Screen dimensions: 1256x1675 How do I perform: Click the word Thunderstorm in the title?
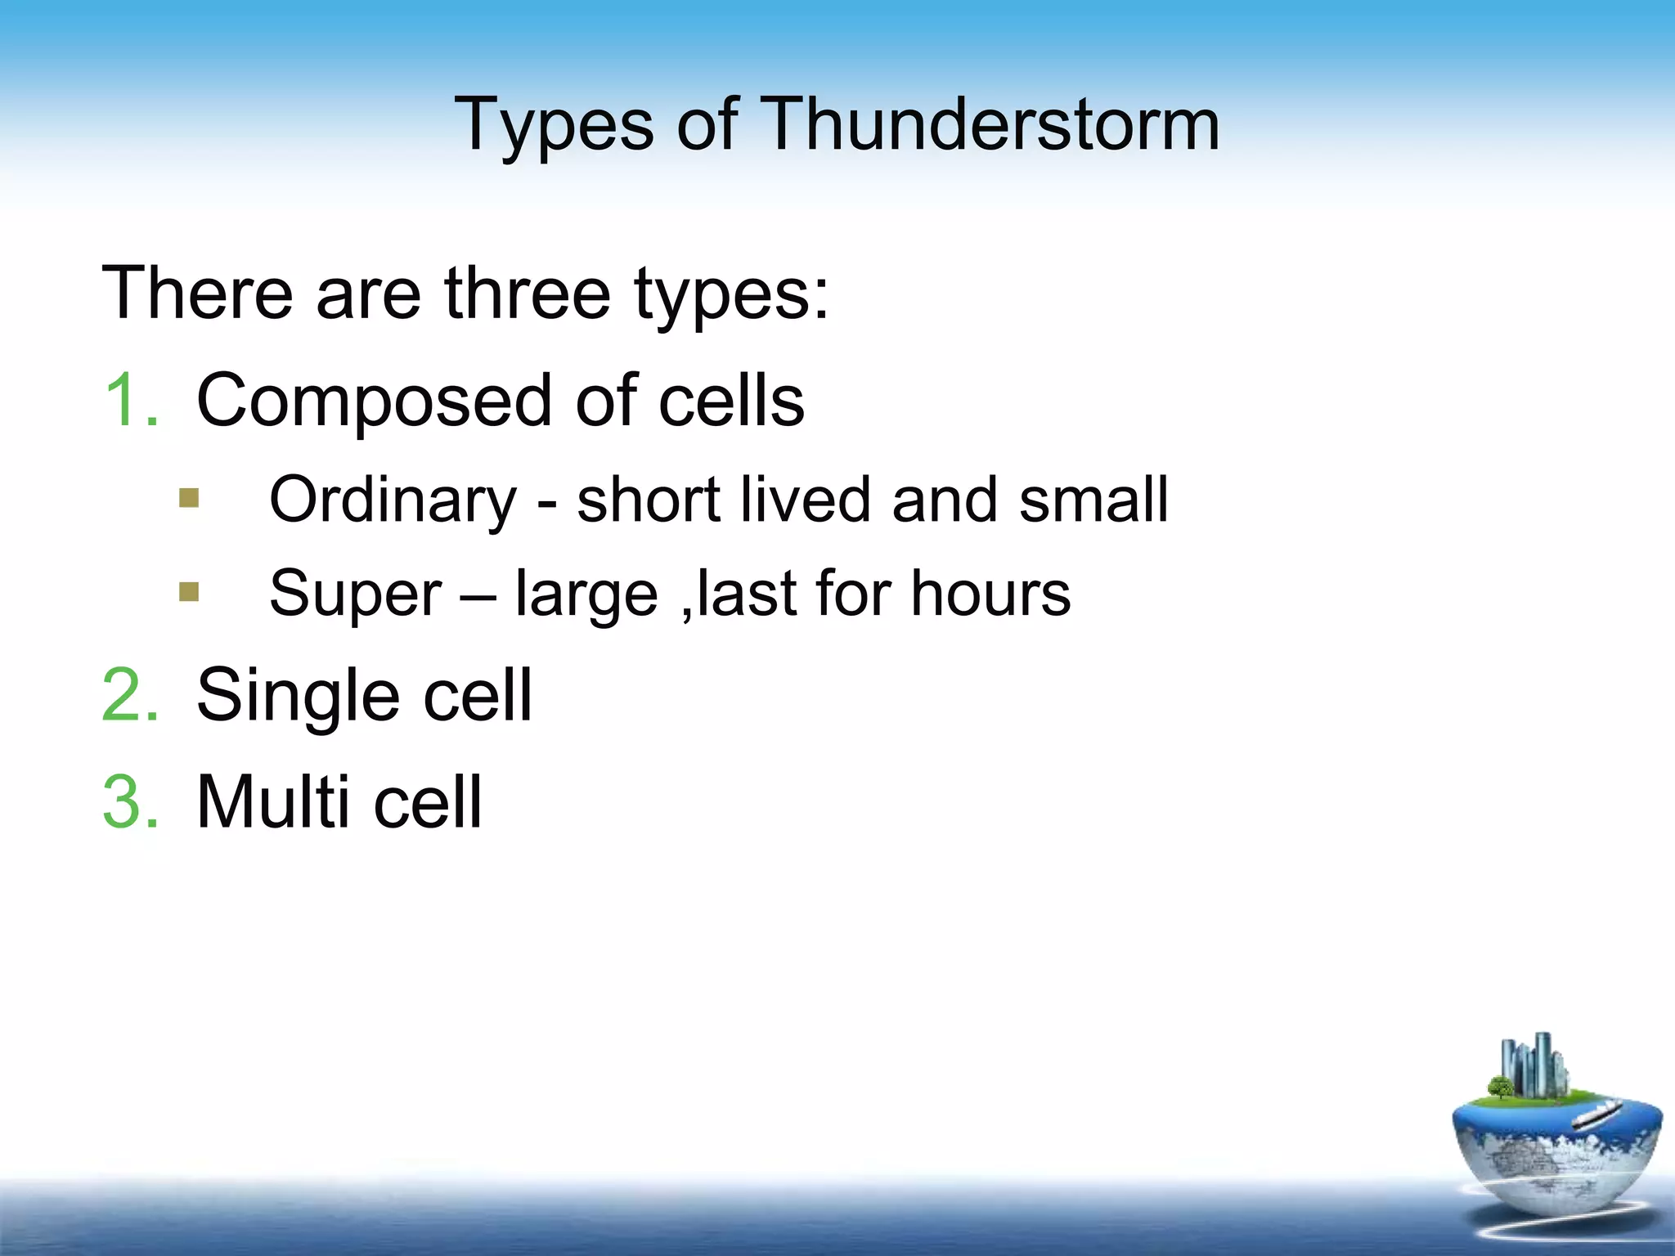click(991, 124)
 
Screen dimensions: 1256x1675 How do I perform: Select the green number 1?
click(129, 400)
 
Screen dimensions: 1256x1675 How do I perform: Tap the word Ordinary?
click(393, 501)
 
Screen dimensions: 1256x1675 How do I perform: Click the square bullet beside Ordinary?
click(189, 498)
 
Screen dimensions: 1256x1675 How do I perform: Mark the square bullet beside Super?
click(189, 591)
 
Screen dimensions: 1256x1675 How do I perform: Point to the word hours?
click(990, 593)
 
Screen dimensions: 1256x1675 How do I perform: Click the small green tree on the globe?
click(1501, 1088)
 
